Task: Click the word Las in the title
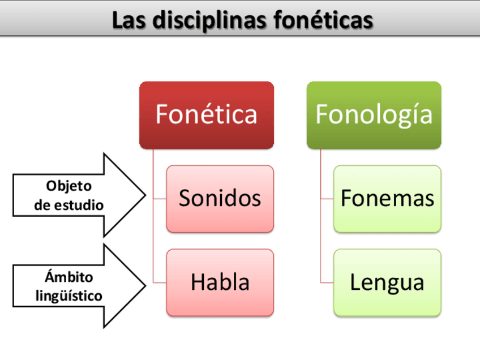click(127, 20)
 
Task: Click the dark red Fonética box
click(207, 114)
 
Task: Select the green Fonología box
click(374, 114)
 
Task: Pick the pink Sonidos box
click(220, 198)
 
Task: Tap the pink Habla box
click(220, 282)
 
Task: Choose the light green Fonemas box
click(387, 198)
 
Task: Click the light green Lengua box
click(387, 282)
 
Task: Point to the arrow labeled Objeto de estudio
click(74, 195)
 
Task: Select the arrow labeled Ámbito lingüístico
click(74, 286)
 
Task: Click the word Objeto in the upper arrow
click(68, 186)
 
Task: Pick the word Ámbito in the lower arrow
click(68, 277)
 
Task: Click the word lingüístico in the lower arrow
click(68, 295)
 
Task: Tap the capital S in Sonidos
click(186, 198)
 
